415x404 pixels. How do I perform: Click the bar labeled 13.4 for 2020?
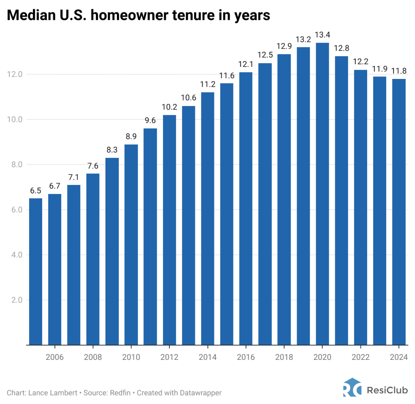click(x=322, y=194)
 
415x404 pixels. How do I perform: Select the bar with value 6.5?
click(x=36, y=272)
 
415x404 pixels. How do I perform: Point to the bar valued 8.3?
click(x=112, y=251)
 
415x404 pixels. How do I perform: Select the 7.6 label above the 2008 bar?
click(x=93, y=166)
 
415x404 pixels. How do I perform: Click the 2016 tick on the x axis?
click(x=246, y=357)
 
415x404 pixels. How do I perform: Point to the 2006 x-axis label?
click(x=55, y=357)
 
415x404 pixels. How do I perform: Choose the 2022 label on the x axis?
click(x=361, y=357)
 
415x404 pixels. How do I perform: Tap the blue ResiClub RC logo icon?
click(x=351, y=387)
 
